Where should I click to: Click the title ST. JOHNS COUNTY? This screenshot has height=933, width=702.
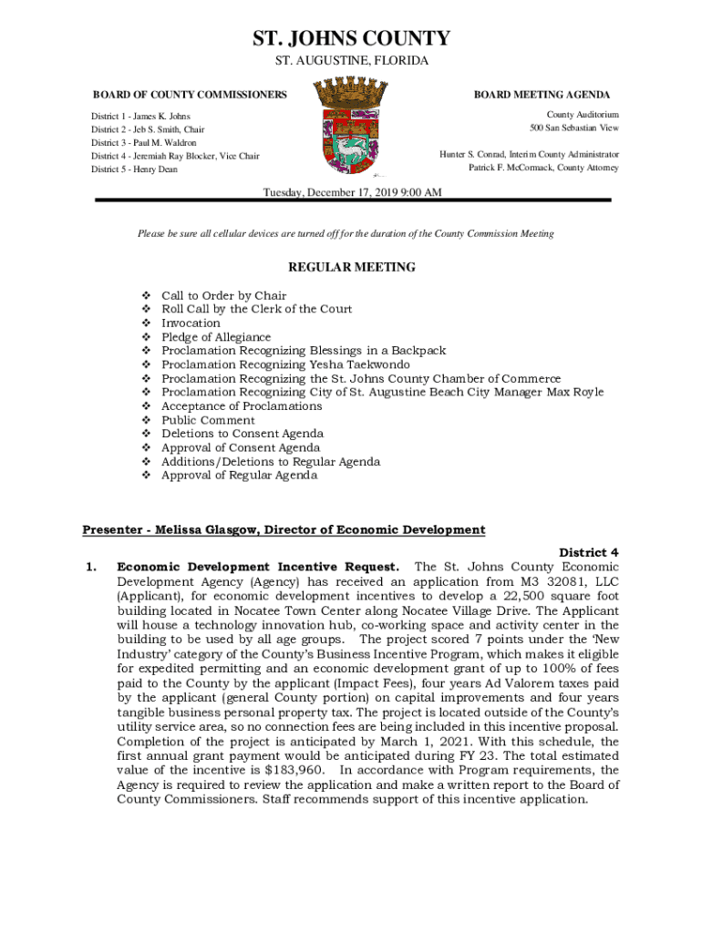coord(351,38)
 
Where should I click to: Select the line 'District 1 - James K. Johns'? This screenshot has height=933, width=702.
coord(140,117)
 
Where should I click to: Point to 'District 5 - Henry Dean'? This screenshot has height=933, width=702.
coord(134,169)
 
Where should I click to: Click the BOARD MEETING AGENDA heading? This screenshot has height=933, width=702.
coord(542,95)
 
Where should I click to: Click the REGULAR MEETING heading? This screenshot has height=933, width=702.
coord(351,267)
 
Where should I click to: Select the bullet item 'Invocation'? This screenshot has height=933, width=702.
coord(191,323)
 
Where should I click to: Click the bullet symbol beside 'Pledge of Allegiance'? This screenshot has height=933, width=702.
coord(146,337)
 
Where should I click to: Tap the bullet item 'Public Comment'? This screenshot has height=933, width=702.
coord(208,420)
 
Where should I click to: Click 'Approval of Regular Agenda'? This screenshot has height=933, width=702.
coord(239,476)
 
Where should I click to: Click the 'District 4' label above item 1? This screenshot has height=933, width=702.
coord(588,552)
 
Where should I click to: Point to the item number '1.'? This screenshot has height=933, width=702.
coord(90,567)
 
